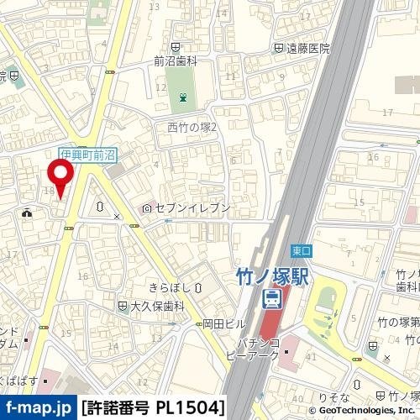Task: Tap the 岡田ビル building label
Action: pos(224,323)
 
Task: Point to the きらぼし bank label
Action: pos(170,286)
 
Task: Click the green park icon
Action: pos(182,99)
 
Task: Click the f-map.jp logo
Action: pos(38,408)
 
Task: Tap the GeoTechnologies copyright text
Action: pos(362,410)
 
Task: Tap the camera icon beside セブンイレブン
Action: pos(147,207)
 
